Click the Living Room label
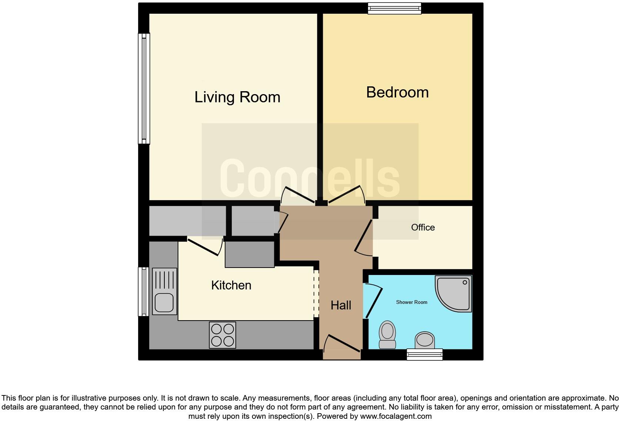237,97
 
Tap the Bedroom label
397,92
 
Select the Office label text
423,227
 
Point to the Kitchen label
231,285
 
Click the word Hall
341,305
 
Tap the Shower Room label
411,302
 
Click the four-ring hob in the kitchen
222,335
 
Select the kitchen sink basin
164,302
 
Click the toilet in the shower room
387,334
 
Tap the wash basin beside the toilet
424,340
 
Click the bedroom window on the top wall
394,8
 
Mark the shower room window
424,354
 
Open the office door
364,236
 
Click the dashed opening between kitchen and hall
316,294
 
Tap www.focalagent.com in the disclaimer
396,416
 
